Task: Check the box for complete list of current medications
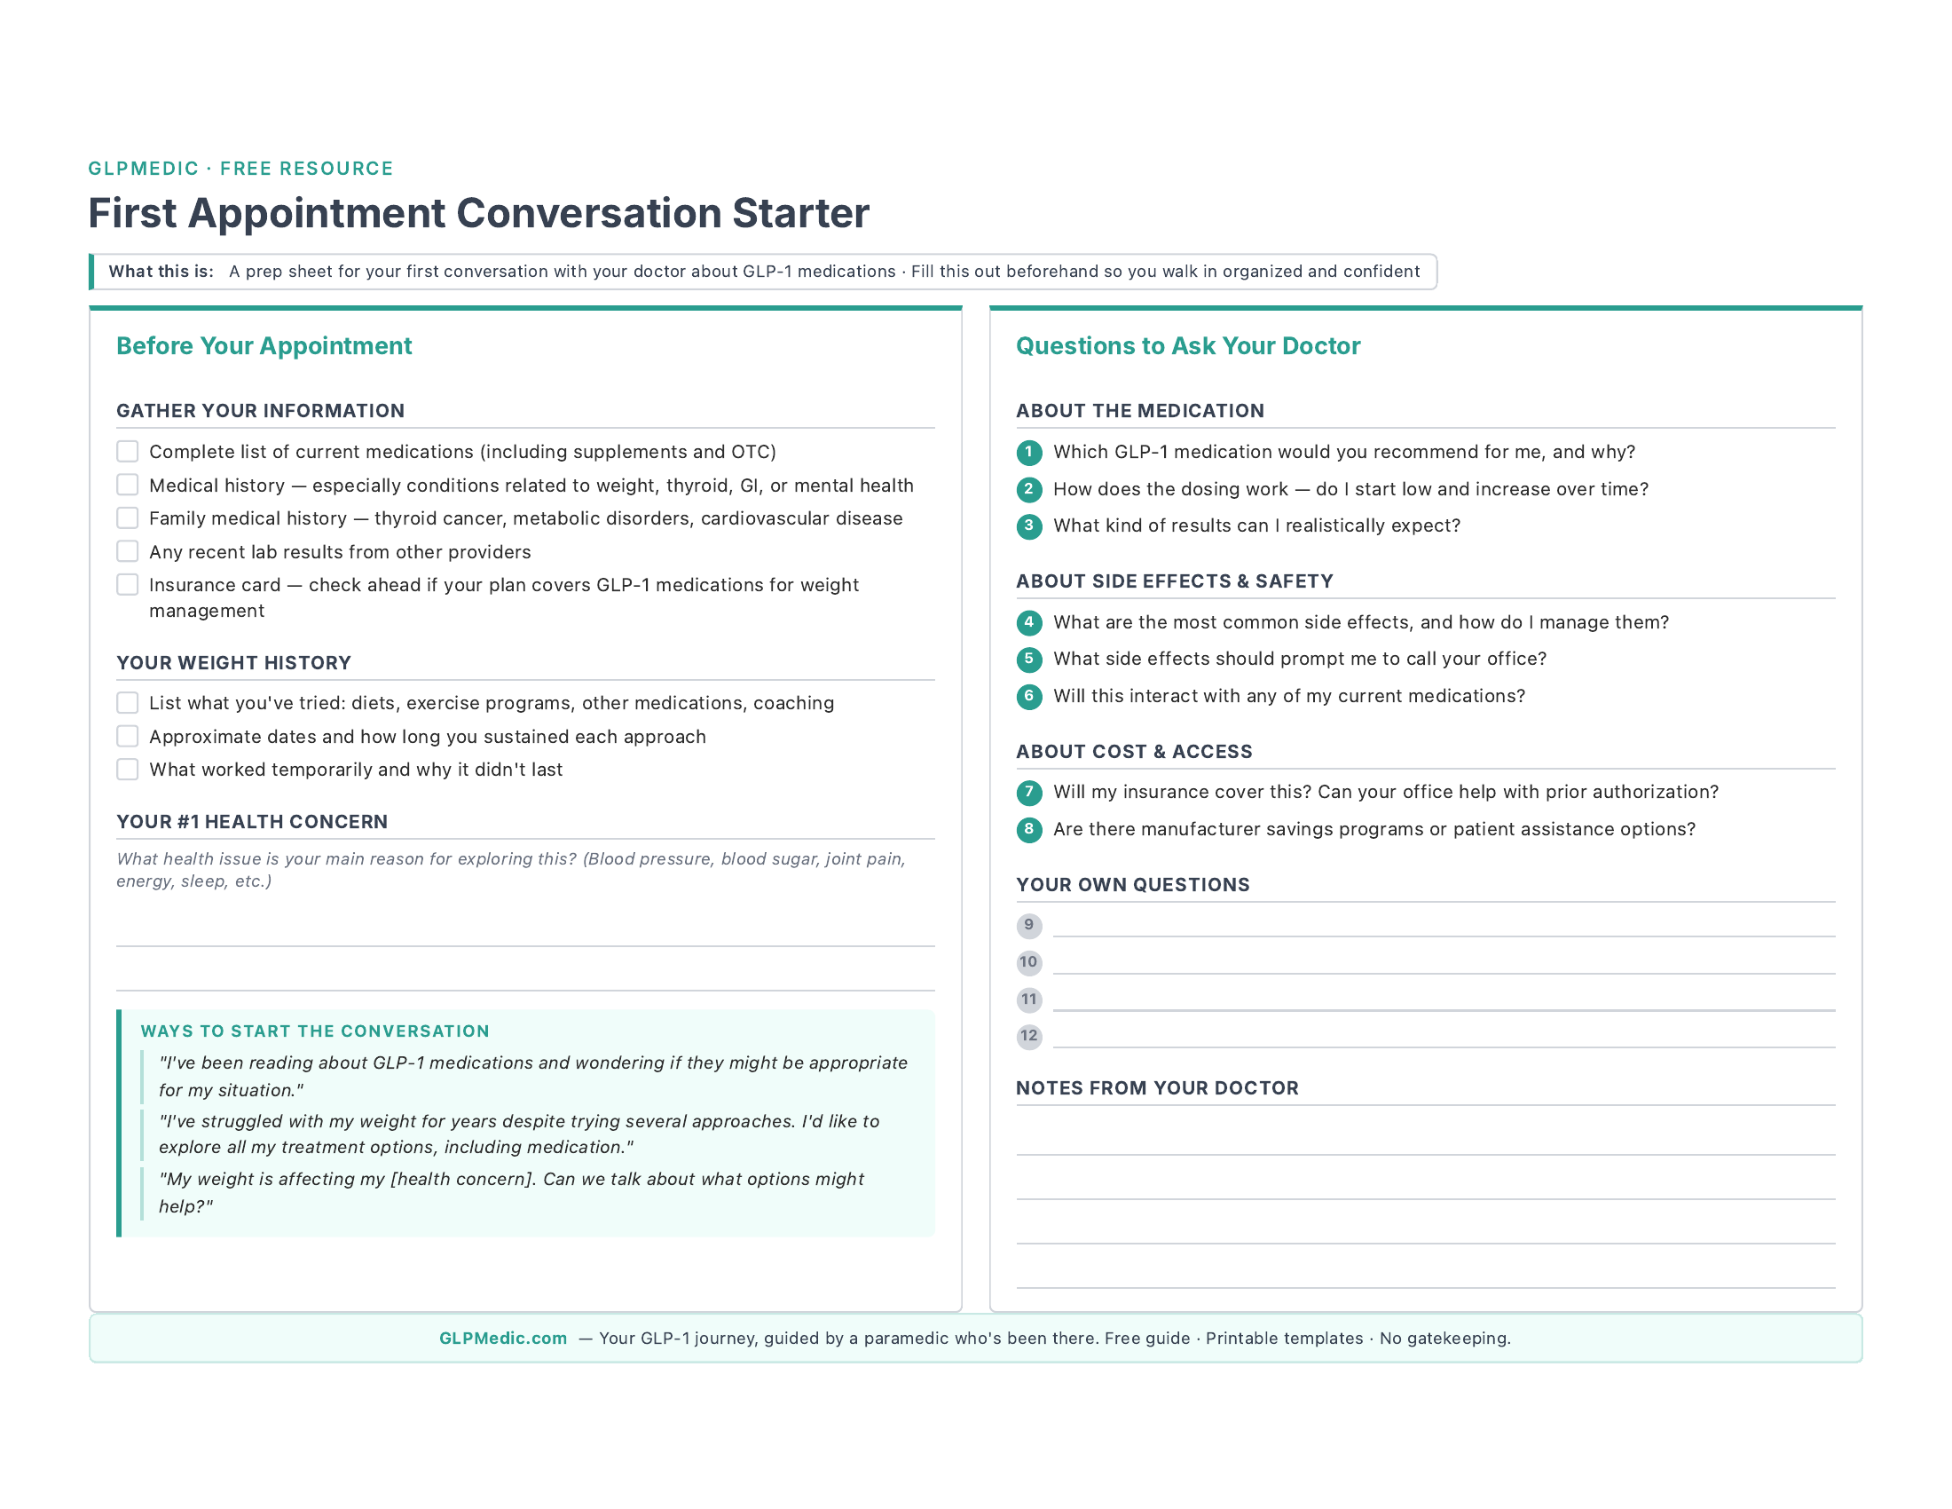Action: coord(128,452)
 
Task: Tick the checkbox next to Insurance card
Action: coord(128,585)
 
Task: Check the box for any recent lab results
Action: coord(128,551)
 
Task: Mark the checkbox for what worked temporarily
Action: coord(128,770)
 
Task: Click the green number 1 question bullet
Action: coord(1028,453)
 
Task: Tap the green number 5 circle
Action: coord(1028,659)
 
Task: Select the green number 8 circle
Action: coord(1028,830)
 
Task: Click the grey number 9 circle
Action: coord(1028,925)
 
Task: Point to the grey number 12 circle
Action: coord(1028,1036)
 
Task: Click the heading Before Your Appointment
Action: coord(264,346)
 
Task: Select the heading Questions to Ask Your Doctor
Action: coord(1188,346)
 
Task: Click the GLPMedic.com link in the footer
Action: coord(502,1339)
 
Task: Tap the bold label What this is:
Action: coord(161,272)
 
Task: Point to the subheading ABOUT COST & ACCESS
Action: coord(1134,752)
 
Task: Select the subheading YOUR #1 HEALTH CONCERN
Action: coord(252,822)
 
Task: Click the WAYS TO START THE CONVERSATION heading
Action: coord(315,1031)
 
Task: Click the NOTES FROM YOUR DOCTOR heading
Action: coord(1157,1088)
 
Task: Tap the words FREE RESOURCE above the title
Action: coord(307,169)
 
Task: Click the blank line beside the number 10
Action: coord(1443,964)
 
